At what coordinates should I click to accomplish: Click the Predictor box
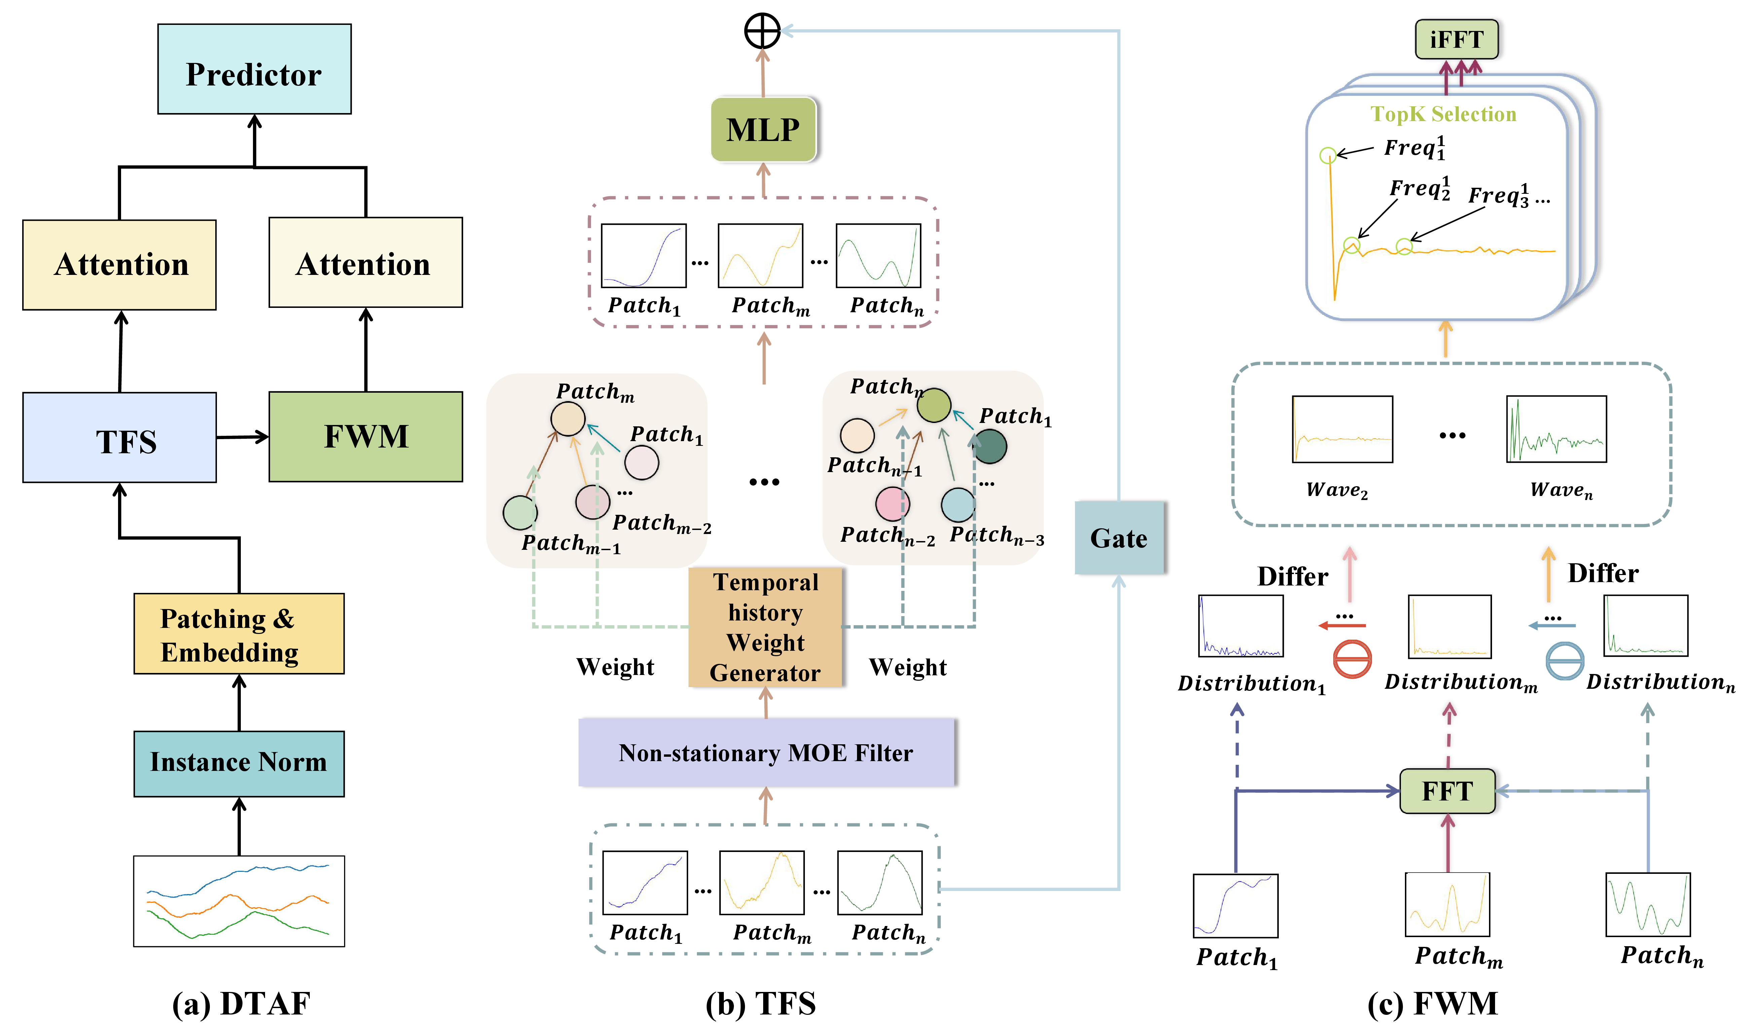coord(254,69)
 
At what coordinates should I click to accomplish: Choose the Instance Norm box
coord(239,763)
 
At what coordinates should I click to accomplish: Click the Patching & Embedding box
coord(239,634)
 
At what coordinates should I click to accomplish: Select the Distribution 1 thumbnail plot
coord(1240,626)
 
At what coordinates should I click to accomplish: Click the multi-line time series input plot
coord(239,901)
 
